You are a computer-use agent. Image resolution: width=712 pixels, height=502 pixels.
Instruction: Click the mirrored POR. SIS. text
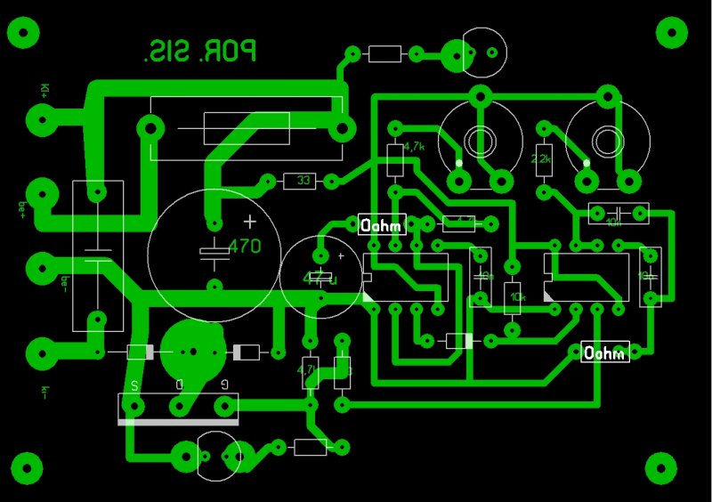[x=200, y=52]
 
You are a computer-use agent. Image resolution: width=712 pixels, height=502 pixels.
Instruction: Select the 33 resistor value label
[x=303, y=182]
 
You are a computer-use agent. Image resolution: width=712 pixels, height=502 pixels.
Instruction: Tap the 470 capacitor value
[x=245, y=247]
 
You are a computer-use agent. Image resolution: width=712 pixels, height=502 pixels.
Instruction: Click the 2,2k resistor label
[x=541, y=159]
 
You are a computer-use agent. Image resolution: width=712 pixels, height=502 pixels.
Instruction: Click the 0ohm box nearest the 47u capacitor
[x=383, y=225]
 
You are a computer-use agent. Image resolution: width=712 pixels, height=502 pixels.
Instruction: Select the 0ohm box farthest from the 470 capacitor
[x=605, y=352]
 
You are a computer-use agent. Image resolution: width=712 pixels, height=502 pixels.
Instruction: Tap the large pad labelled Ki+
[x=40, y=118]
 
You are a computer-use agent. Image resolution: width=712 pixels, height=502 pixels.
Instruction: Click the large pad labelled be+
[x=40, y=193]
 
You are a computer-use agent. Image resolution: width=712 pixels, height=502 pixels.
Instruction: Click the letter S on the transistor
[x=134, y=385]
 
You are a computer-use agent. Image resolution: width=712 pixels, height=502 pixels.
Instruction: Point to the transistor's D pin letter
[x=179, y=385]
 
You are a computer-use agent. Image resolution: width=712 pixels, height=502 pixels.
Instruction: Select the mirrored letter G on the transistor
[x=223, y=385]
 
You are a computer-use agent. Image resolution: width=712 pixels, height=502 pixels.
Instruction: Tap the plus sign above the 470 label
[x=250, y=221]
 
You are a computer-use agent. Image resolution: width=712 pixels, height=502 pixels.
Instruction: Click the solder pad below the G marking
[x=223, y=407]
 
